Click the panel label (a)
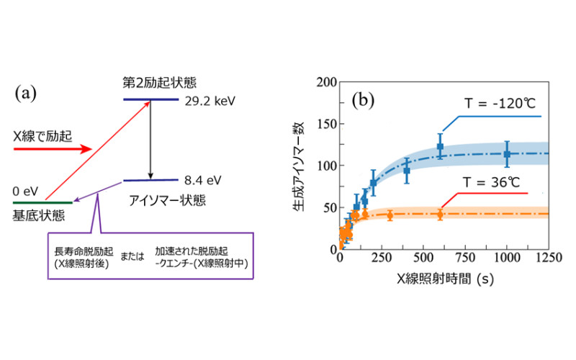pos(27,92)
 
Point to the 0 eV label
pos(26,192)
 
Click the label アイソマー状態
pos(166,199)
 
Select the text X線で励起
pos(42,134)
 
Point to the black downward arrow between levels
pos(150,140)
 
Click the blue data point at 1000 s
pos(507,153)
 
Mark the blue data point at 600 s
pos(440,146)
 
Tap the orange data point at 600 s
pos(440,214)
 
